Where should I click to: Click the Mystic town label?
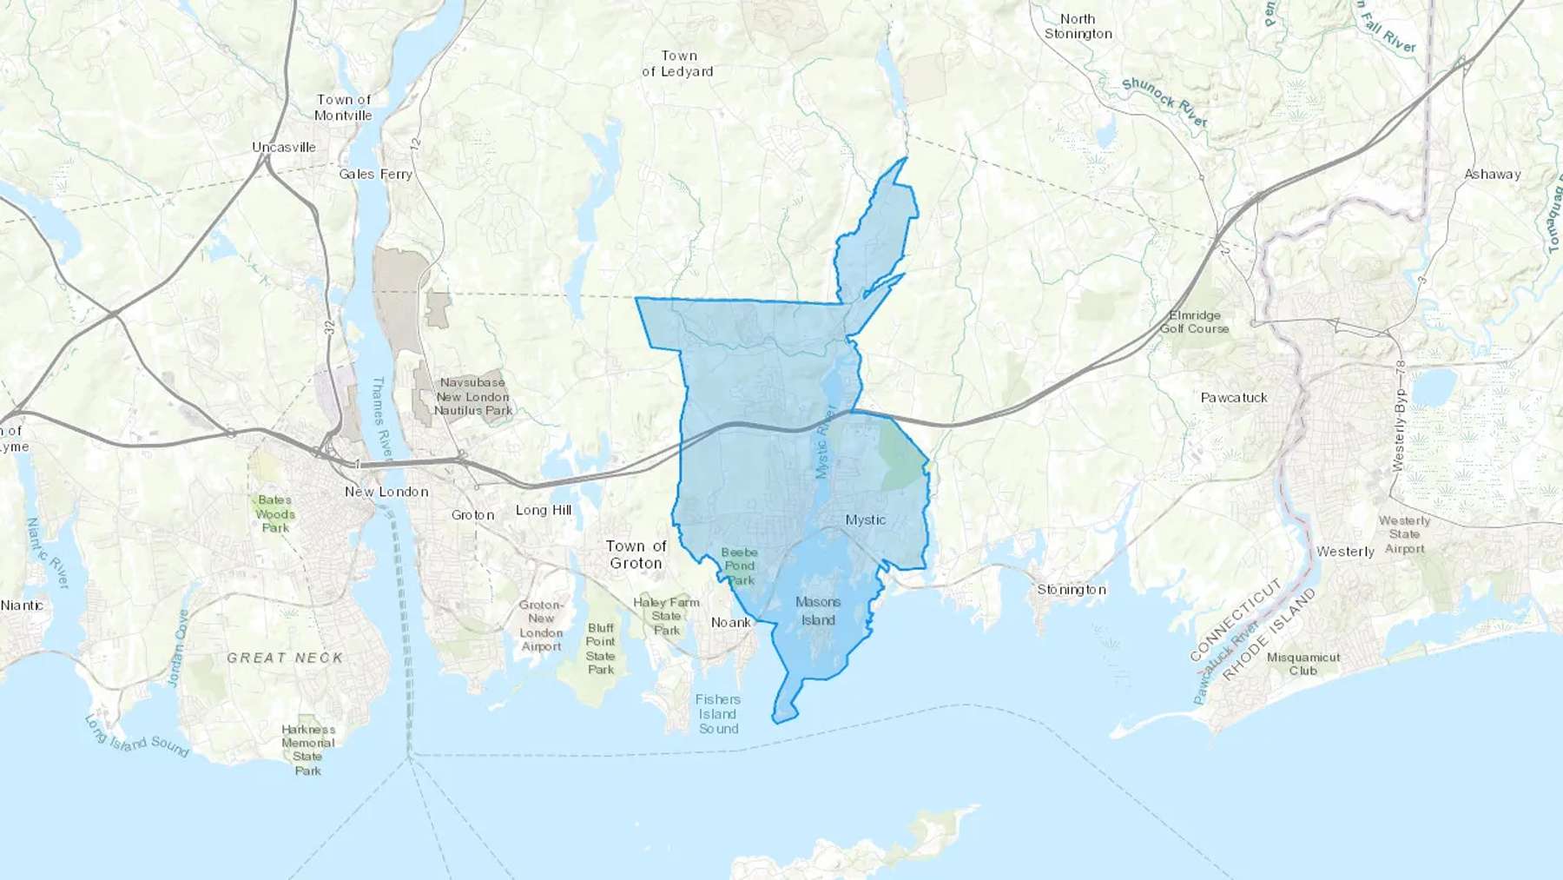866,519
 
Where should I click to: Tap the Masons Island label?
818,611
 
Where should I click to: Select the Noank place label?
731,622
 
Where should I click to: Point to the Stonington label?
1072,589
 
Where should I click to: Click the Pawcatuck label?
1234,397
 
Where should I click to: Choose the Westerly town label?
1345,552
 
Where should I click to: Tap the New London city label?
386,492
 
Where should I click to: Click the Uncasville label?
284,147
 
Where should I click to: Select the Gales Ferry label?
375,174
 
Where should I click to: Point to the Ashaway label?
1493,174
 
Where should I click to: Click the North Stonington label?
1078,26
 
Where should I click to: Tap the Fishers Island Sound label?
718,714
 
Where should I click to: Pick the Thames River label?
382,417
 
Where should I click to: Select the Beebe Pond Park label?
740,566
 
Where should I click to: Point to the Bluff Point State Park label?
601,648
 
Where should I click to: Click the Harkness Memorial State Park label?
308,750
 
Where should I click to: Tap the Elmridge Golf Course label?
1195,321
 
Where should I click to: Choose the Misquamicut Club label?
1303,664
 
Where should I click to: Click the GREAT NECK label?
285,658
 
